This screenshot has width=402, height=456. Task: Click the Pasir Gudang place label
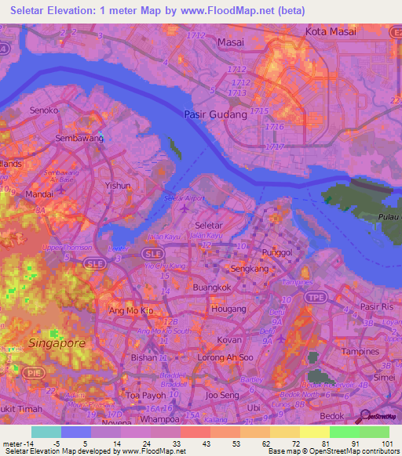214,114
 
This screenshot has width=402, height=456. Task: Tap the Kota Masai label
330,31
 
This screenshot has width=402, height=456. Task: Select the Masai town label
232,41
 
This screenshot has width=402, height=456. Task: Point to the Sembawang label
79,138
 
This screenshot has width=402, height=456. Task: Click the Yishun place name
118,186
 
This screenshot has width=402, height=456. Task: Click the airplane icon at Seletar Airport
184,208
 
